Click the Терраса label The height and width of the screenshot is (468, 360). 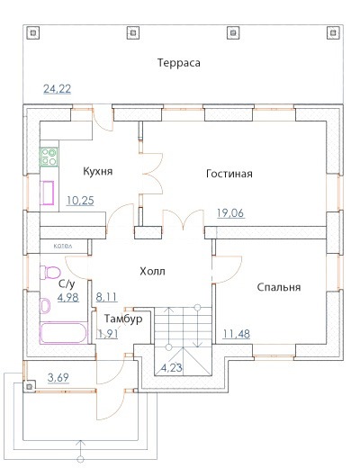tap(179, 63)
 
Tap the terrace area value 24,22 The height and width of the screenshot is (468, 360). tap(58, 89)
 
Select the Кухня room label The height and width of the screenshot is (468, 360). tap(98, 171)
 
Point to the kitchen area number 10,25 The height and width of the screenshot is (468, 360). tap(80, 201)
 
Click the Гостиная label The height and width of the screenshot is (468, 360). tap(229, 174)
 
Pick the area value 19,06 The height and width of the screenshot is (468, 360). tap(230, 213)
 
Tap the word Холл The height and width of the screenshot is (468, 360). tap(152, 272)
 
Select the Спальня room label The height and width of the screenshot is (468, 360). tap(279, 287)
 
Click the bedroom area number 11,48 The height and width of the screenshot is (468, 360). tap(237, 334)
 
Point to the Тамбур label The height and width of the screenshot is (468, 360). tap(123, 319)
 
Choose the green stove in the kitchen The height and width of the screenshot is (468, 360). tap(49, 157)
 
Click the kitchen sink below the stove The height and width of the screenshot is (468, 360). tap(47, 193)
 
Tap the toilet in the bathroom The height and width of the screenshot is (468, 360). tap(49, 273)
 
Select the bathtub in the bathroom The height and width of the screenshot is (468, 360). tap(64, 333)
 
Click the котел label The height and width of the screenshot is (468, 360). tap(63, 246)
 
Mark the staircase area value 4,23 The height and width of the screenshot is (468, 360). tap(172, 367)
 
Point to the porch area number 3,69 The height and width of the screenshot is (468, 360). tap(58, 377)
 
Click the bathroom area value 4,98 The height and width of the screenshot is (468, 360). tap(68, 297)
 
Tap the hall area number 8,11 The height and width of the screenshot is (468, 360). tap(106, 297)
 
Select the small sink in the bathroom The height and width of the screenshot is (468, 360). tap(45, 306)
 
